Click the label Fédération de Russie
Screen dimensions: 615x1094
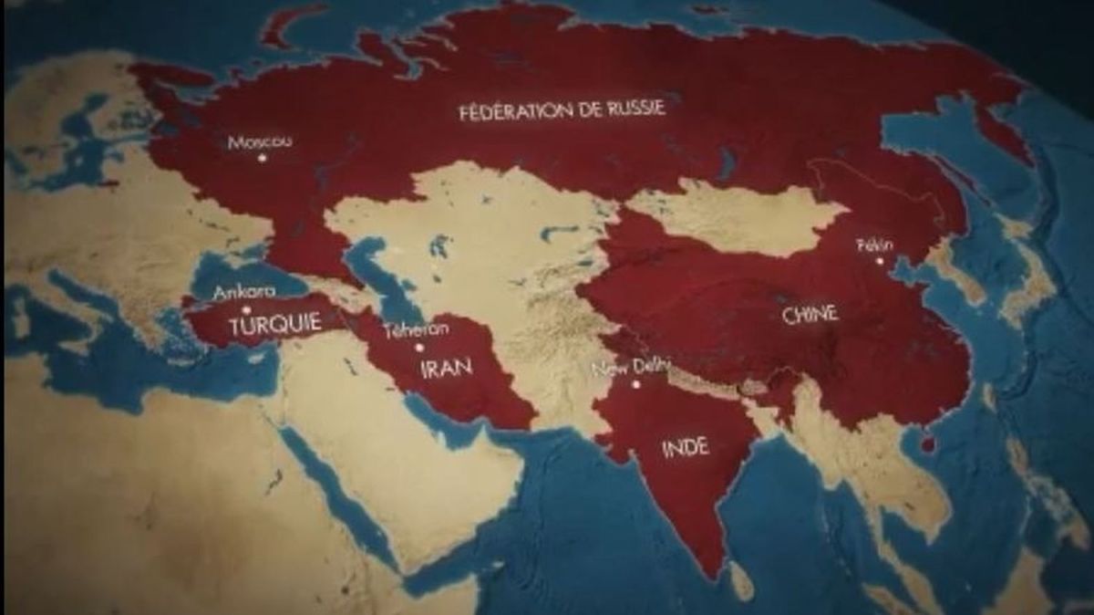[562, 109]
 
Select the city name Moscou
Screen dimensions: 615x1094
[260, 141]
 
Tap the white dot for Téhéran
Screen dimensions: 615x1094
[419, 348]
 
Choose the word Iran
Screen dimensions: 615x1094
[446, 368]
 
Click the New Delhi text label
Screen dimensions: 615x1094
[631, 368]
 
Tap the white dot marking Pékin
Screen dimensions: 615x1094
[880, 261]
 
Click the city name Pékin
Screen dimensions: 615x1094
[875, 245]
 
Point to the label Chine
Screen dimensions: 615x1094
[810, 315]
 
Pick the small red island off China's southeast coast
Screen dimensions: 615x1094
[928, 444]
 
